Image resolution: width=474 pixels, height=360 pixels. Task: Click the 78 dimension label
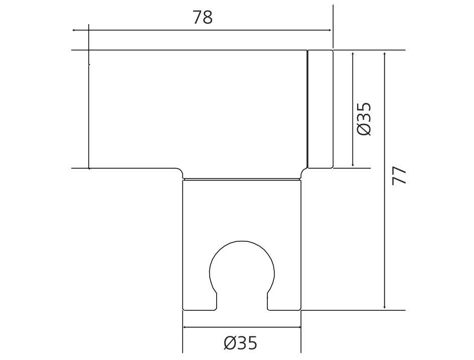[x=203, y=17]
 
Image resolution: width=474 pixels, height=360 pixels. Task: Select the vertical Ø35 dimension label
[x=364, y=119]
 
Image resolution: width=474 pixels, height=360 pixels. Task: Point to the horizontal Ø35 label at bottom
[x=241, y=343]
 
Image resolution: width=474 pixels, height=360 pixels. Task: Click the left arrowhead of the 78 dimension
[x=74, y=30]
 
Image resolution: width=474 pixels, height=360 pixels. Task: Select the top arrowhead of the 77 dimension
[x=384, y=55]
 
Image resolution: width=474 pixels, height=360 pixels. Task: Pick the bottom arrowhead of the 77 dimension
[x=384, y=306]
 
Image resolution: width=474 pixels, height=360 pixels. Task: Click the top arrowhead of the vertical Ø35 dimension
[x=353, y=55]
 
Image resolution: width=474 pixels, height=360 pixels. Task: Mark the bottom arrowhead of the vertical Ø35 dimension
[x=353, y=164]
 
